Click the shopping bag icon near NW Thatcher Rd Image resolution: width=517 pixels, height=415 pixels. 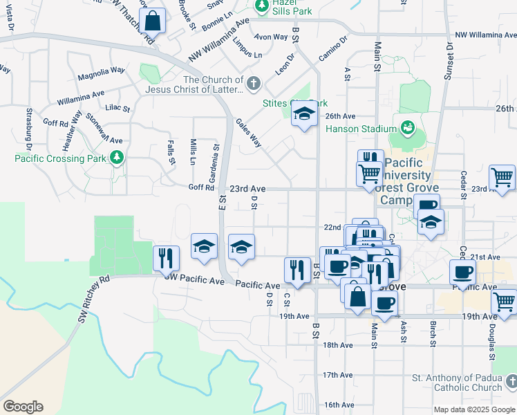click(152, 21)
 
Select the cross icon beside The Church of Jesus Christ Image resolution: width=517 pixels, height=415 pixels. click(254, 84)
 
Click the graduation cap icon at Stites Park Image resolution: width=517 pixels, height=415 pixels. click(303, 114)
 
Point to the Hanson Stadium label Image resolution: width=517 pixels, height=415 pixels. click(359, 128)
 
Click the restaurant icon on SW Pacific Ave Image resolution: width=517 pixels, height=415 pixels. click(166, 258)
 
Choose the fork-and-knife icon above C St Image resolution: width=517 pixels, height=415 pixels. click(297, 270)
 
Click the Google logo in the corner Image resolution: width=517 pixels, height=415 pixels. click(23, 406)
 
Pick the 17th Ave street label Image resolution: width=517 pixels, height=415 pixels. click(337, 375)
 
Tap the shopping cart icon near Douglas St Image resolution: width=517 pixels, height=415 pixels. click(504, 302)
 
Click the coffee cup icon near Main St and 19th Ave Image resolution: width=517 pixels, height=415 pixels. click(384, 302)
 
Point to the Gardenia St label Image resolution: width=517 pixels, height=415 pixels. click(216, 156)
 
